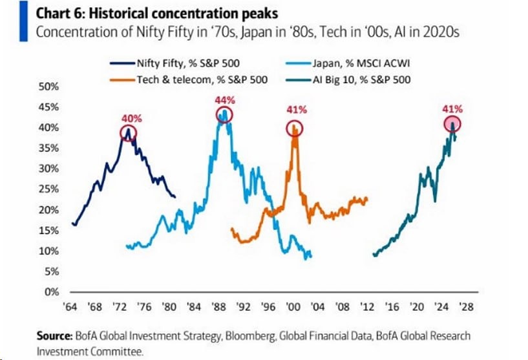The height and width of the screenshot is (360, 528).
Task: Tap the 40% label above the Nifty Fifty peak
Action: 129,118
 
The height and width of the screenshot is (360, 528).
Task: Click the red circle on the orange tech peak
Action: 295,128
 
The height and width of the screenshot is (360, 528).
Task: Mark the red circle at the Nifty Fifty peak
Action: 129,133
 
